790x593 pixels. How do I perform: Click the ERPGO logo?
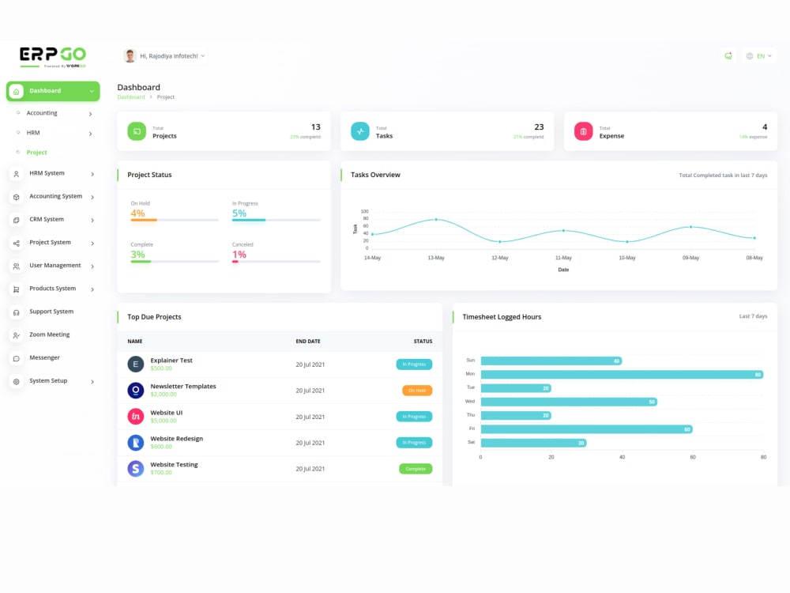click(53, 55)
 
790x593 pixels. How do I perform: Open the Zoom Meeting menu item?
click(49, 334)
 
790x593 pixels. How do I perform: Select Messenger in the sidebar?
click(44, 357)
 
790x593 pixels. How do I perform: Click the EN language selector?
click(759, 56)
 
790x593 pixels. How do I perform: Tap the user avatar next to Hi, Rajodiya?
click(130, 55)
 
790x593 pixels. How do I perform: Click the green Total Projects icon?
click(137, 131)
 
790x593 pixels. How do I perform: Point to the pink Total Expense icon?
click(583, 131)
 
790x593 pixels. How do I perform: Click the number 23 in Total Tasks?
click(539, 127)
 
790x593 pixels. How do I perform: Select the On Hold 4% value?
click(137, 213)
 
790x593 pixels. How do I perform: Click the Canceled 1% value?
click(239, 255)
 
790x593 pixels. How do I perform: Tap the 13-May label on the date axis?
click(436, 258)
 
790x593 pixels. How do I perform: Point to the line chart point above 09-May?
click(690, 227)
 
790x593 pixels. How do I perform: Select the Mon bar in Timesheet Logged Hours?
click(621, 374)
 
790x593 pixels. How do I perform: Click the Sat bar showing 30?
click(533, 443)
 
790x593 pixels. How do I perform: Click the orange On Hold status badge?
click(417, 391)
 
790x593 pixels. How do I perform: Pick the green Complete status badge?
click(416, 469)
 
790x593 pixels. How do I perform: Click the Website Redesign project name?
click(176, 439)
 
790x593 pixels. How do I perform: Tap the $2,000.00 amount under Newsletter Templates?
click(164, 394)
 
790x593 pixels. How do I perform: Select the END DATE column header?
click(308, 342)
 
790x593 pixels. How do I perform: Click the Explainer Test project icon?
click(135, 364)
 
